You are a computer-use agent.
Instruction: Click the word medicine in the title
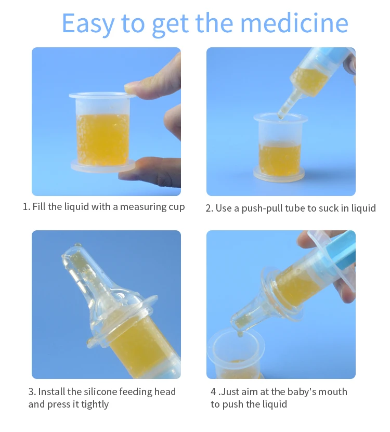[294, 23]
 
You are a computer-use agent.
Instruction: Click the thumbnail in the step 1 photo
[131, 88]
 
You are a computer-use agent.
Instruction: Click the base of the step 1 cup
[102, 166]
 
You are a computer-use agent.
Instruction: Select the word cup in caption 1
[177, 207]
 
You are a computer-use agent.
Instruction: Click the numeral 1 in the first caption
[25, 206]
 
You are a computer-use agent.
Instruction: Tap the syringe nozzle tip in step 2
[281, 117]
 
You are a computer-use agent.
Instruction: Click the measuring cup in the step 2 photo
[280, 148]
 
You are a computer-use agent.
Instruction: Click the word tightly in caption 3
[95, 404]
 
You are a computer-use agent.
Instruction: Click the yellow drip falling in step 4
[240, 334]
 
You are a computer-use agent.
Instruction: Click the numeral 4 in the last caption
[213, 392]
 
